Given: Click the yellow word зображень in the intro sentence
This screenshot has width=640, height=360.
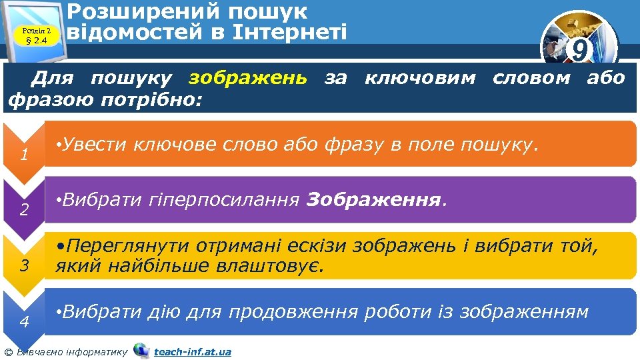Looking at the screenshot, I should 248,79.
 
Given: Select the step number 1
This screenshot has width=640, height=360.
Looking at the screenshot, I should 23,157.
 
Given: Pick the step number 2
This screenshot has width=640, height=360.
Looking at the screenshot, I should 23,211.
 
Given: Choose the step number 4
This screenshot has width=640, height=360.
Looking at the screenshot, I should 23,322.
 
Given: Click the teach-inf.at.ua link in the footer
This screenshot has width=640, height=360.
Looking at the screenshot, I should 193,351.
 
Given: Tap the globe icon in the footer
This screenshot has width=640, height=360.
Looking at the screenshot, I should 141,351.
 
